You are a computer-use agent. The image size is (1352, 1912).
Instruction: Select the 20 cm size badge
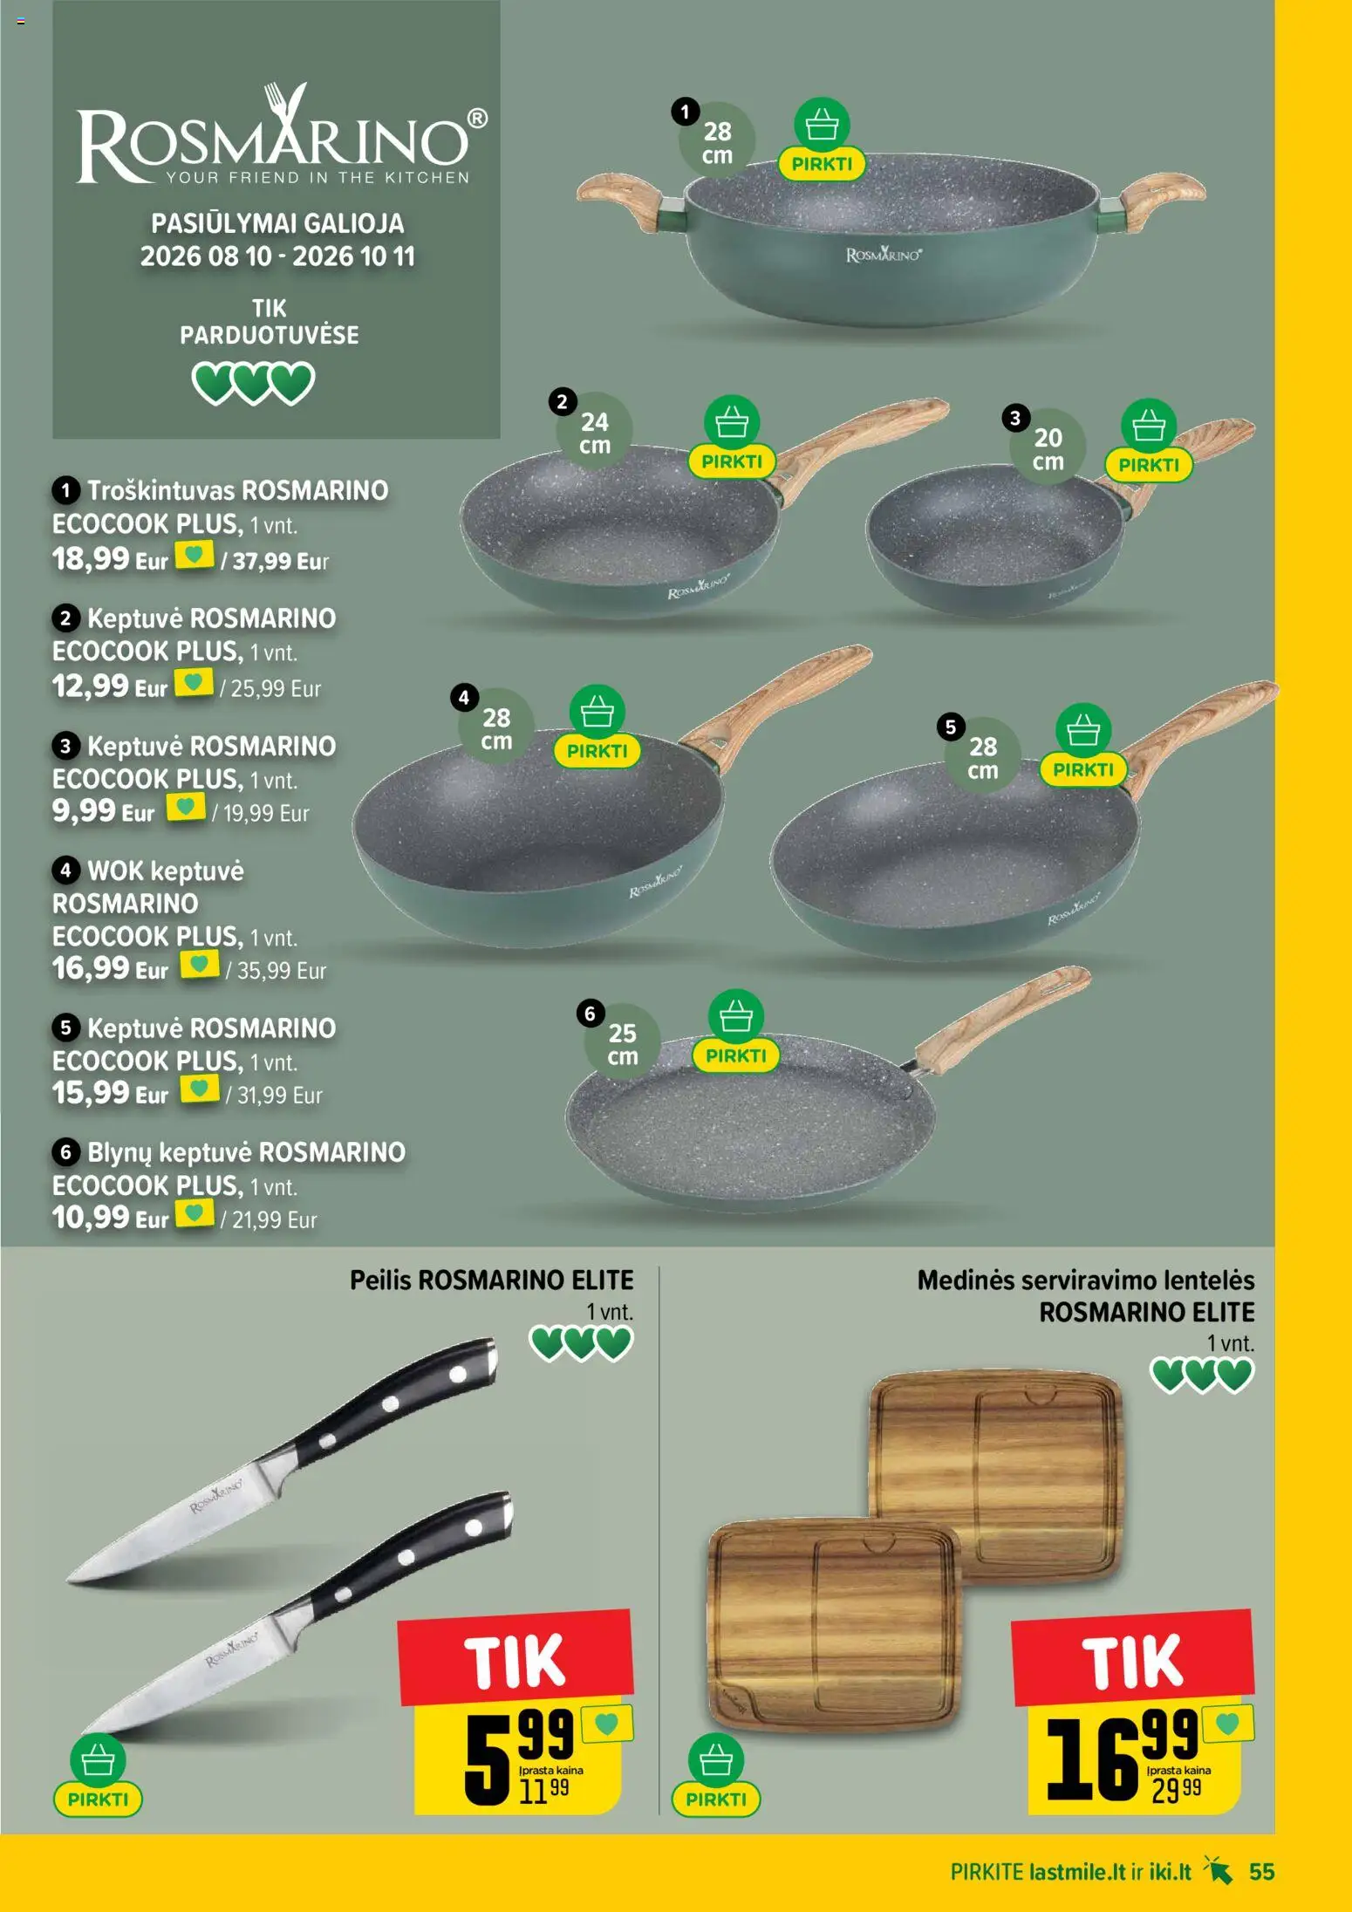[x=1048, y=449]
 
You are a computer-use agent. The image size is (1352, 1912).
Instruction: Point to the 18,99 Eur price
[x=110, y=558]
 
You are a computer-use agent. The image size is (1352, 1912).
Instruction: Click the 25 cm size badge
[x=622, y=1045]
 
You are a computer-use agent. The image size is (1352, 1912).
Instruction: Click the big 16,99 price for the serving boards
[x=1123, y=1753]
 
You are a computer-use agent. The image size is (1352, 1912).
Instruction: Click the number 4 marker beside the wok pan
[x=464, y=698]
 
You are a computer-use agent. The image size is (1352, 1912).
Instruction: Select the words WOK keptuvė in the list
[x=166, y=871]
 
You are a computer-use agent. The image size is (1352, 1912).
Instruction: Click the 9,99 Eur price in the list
[x=103, y=811]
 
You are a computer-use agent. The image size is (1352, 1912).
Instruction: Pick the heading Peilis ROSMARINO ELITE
[x=492, y=1280]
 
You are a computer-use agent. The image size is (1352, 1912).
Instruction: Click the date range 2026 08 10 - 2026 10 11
[x=277, y=256]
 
